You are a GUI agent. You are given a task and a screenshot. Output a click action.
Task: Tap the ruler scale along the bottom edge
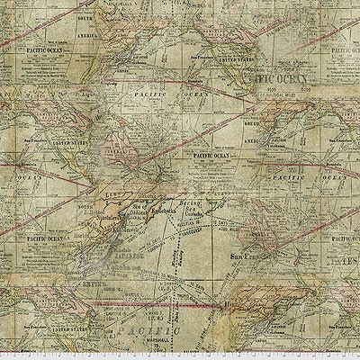coord(180,355)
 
